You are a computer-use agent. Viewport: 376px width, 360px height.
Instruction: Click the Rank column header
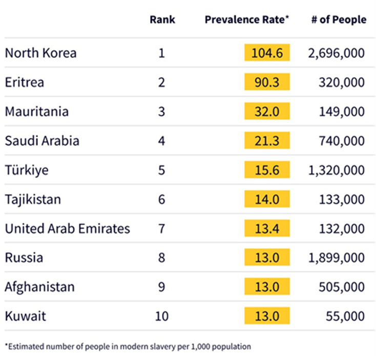pyautogui.click(x=162, y=19)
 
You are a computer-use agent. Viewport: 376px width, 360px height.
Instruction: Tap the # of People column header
pyautogui.click(x=339, y=19)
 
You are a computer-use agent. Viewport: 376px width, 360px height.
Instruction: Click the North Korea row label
pyautogui.click(x=40, y=53)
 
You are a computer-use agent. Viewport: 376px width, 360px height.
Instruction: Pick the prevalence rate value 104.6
pyautogui.click(x=267, y=53)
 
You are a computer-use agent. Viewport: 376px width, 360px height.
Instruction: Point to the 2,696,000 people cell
pyautogui.click(x=336, y=53)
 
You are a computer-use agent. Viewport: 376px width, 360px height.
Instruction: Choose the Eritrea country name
pyautogui.click(x=24, y=82)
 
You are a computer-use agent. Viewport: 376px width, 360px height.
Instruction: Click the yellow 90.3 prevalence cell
pyautogui.click(x=267, y=82)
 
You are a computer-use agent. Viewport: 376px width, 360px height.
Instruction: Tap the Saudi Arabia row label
pyautogui.click(x=42, y=140)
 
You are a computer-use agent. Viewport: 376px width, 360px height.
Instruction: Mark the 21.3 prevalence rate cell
pyautogui.click(x=267, y=140)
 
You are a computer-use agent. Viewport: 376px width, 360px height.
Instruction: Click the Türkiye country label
pyautogui.click(x=27, y=170)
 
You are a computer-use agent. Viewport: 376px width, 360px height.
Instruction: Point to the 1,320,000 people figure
pyautogui.click(x=336, y=170)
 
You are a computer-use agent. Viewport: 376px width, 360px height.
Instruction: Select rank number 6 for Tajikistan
pyautogui.click(x=162, y=199)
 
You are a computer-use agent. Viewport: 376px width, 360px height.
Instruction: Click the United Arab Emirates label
pyautogui.click(x=67, y=228)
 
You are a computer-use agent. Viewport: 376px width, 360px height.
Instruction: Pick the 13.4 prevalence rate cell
pyautogui.click(x=267, y=228)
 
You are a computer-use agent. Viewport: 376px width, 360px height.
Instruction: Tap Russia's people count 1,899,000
pyautogui.click(x=336, y=257)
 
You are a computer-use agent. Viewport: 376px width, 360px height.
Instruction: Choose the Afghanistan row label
pyautogui.click(x=39, y=286)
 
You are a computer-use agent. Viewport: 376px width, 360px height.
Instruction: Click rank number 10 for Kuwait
pyautogui.click(x=162, y=315)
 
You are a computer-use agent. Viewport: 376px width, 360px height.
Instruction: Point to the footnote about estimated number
pyautogui.click(x=128, y=347)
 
